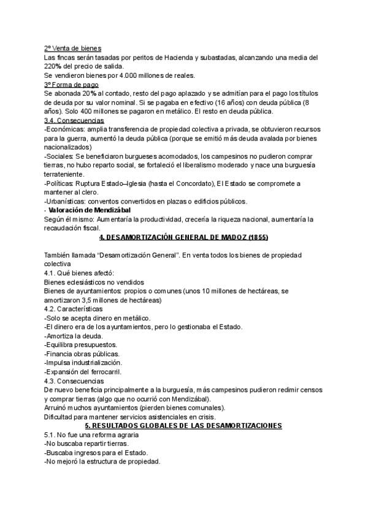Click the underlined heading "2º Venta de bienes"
(x=73, y=48)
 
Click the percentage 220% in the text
(x=53, y=66)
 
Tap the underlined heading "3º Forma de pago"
(x=71, y=84)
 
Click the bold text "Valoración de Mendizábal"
(x=90, y=210)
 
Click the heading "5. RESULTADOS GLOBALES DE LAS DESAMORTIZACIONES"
(x=183, y=426)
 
